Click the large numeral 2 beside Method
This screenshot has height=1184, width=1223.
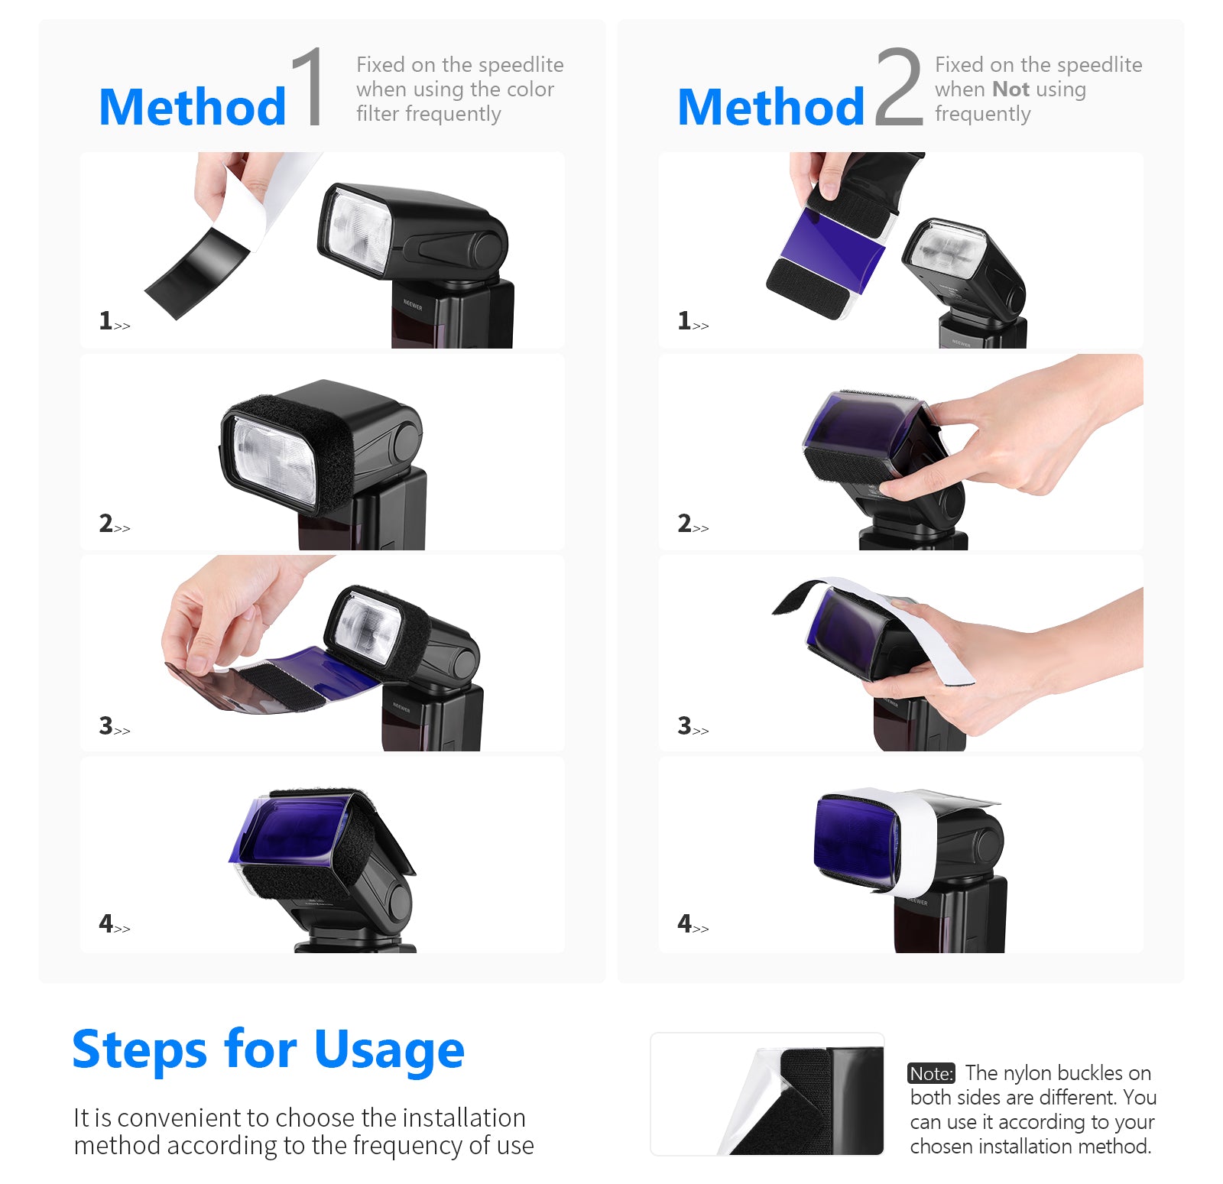point(898,86)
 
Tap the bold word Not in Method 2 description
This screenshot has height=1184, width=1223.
point(1011,89)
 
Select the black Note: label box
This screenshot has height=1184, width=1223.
point(931,1074)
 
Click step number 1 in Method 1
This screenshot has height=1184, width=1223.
point(105,320)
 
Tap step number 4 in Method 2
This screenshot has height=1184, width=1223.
point(684,923)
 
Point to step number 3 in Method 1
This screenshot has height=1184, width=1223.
point(105,725)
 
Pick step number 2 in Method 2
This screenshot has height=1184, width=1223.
point(684,523)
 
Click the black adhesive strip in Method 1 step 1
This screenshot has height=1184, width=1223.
point(196,274)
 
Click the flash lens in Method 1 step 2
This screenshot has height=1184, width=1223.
point(274,459)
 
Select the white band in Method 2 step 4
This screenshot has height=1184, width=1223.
point(915,841)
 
